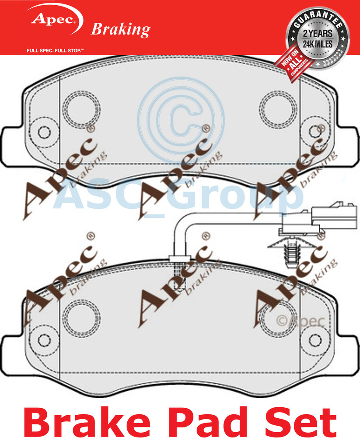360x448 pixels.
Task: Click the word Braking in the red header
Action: [120, 29]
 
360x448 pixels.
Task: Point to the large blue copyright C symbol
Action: [180, 119]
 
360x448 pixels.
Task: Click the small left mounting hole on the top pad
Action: [44, 132]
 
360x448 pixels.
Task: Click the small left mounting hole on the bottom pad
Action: [44, 340]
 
